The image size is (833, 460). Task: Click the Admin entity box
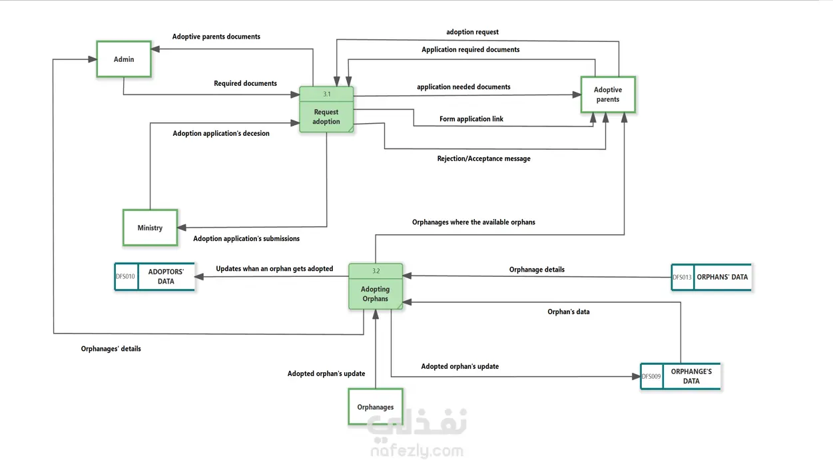[124, 59]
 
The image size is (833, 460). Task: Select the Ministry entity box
[150, 228]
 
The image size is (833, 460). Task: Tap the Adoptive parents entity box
[607, 95]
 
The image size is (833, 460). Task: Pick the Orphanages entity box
[375, 407]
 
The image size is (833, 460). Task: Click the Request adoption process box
[326, 116]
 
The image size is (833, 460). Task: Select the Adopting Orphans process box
[376, 294]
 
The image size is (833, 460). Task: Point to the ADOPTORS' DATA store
[166, 277]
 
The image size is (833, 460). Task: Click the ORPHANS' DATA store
[722, 277]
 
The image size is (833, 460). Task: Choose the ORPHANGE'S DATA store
[691, 376]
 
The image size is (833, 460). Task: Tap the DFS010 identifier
[125, 277]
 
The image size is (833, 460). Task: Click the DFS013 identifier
[682, 278]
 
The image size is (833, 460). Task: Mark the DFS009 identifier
[651, 377]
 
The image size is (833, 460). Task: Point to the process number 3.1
[326, 94]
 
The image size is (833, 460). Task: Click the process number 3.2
[376, 271]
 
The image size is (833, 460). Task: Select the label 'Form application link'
[471, 119]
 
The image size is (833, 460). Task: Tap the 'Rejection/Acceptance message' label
[483, 158]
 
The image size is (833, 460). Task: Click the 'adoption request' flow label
[472, 32]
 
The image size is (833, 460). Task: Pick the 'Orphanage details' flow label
[537, 270]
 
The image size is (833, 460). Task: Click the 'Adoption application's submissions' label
[246, 238]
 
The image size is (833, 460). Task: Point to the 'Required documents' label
[245, 83]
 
